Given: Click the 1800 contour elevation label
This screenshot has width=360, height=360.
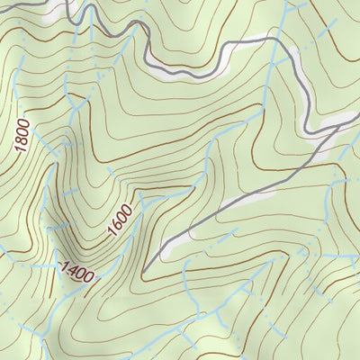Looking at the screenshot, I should pos(22,135).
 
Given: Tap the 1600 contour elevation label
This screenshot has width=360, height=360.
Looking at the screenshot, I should pos(121,221).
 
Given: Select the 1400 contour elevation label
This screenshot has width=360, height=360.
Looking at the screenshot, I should pos(76,271).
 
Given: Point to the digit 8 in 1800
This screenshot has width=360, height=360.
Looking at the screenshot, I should pos(22,139).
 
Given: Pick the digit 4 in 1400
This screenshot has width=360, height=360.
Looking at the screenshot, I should pos(72,269).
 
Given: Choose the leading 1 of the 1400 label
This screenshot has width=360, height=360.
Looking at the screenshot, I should pos(63,265).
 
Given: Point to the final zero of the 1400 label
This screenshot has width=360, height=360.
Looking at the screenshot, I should pos(89,276).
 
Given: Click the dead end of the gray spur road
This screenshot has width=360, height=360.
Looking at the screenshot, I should pos(142,271).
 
